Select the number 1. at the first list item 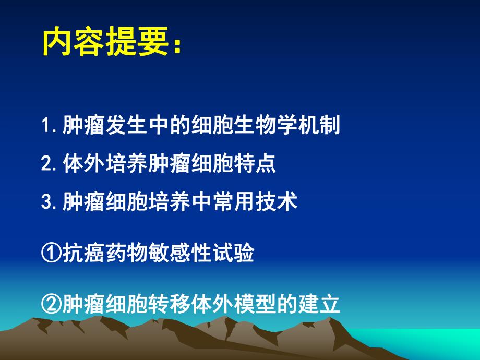tap(50, 126)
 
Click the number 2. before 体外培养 tap(50, 164)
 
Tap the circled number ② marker tap(51, 304)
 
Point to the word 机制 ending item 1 tap(318, 126)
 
